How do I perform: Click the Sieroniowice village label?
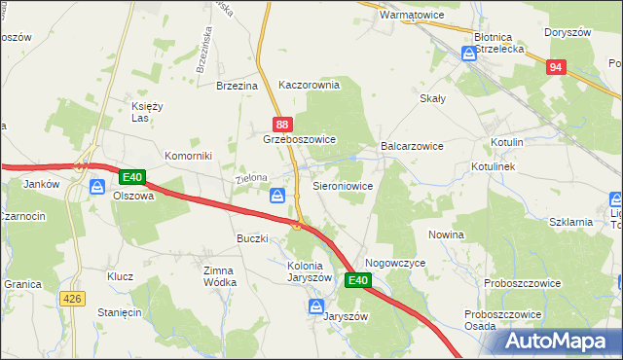tap(342, 184)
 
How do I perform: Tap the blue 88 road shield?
tap(281, 125)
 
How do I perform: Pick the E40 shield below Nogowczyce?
tap(357, 280)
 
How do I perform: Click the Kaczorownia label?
tap(309, 85)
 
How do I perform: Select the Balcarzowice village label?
tap(412, 146)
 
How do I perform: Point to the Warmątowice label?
tap(411, 16)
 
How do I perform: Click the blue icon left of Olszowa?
tap(97, 187)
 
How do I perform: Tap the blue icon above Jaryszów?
tap(315, 306)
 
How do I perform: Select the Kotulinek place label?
tap(499, 167)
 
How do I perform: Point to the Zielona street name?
tap(250, 179)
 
